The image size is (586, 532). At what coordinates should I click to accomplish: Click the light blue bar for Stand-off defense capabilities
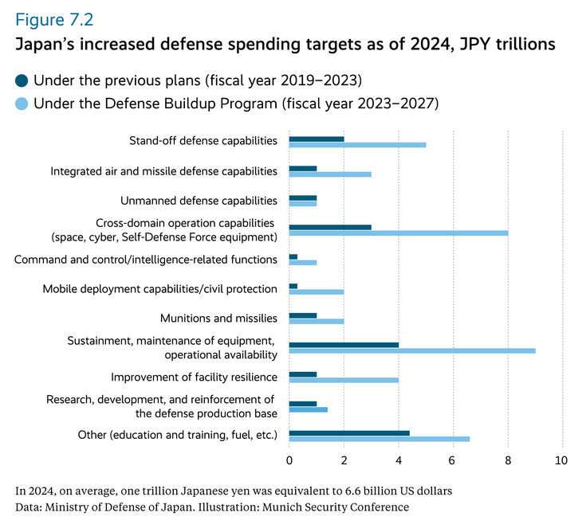pyautogui.click(x=357, y=145)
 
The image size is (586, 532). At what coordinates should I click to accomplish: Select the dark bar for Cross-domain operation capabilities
pyautogui.click(x=330, y=227)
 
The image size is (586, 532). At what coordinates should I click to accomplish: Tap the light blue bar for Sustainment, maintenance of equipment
pyautogui.click(x=412, y=350)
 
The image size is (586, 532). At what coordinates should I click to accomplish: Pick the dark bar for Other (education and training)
pyautogui.click(x=349, y=433)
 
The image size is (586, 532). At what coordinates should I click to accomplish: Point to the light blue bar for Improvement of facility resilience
pyautogui.click(x=344, y=380)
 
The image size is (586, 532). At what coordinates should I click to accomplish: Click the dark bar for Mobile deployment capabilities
pyautogui.click(x=293, y=286)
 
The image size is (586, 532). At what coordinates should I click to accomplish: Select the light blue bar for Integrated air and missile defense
pyautogui.click(x=330, y=174)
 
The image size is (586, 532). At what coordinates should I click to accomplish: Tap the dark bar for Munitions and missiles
pyautogui.click(x=303, y=315)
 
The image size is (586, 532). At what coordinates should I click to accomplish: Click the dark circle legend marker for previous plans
pyautogui.click(x=22, y=80)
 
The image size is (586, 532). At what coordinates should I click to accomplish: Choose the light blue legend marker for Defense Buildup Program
pyautogui.click(x=22, y=104)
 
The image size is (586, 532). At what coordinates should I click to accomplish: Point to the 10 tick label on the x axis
pyautogui.click(x=561, y=461)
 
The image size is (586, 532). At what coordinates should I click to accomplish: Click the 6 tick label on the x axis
pyautogui.click(x=453, y=461)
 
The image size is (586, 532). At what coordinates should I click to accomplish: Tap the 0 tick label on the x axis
pyautogui.click(x=289, y=461)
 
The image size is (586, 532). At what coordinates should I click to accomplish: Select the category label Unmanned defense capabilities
pyautogui.click(x=199, y=201)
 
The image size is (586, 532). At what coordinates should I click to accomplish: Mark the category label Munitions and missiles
pyautogui.click(x=218, y=318)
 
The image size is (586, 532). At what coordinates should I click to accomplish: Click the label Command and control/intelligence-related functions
pyautogui.click(x=146, y=260)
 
